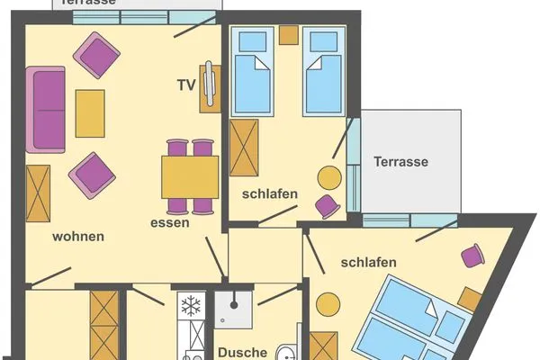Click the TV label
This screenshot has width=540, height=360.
186,85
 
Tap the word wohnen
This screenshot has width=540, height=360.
77,237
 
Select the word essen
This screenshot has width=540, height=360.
170,222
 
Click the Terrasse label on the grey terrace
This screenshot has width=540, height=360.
400,162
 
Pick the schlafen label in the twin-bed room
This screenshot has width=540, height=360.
269,194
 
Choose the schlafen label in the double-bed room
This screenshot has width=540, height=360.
369,262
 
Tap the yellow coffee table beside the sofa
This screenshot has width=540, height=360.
90,112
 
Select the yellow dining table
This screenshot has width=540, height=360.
190,175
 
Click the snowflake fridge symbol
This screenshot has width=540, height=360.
191,306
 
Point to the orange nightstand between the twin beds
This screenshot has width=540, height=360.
288,35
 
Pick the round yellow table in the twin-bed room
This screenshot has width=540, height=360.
329,176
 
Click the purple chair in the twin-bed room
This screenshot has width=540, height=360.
328,207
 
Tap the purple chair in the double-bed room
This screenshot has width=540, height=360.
473,256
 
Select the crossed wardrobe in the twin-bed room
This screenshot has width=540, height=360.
244,147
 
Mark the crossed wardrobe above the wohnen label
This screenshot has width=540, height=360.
38,193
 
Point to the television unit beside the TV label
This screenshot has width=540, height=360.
211,87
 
